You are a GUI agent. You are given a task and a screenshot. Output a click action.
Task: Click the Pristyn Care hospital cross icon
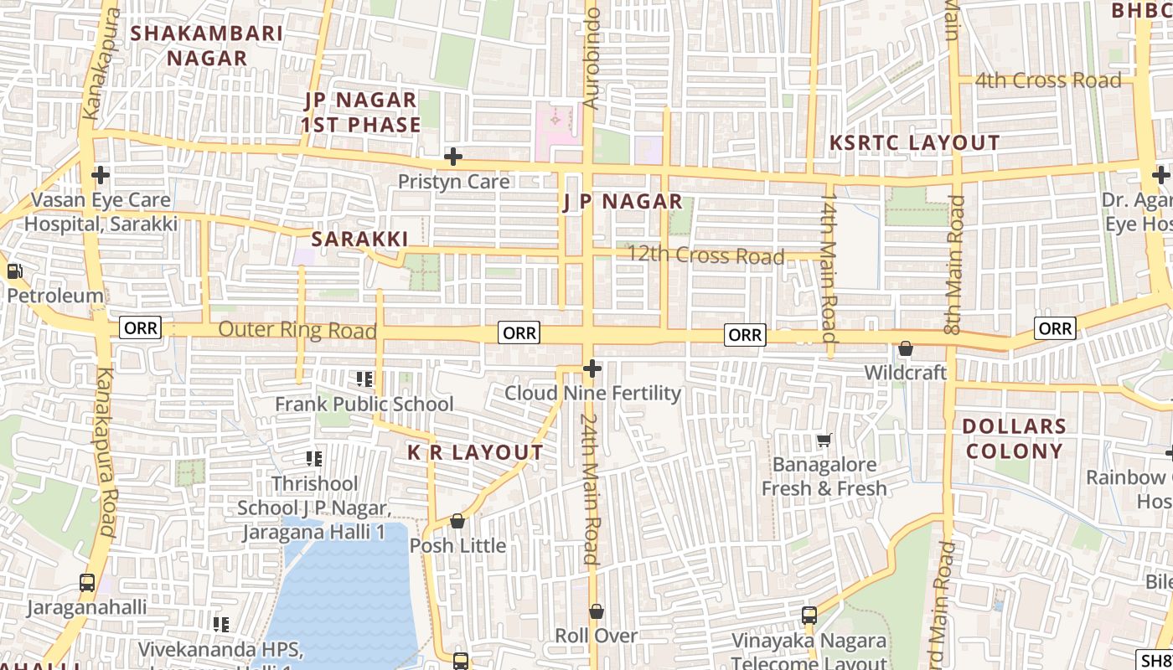[x=453, y=157]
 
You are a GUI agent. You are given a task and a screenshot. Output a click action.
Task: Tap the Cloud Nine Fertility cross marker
[x=592, y=368]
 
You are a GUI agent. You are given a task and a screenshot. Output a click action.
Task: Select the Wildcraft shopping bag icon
[x=905, y=348]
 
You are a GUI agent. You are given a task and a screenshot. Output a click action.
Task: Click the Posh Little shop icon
[x=457, y=521]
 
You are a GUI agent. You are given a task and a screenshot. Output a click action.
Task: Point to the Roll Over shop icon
[x=596, y=611]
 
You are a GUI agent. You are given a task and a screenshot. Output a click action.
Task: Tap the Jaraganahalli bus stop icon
[x=86, y=583]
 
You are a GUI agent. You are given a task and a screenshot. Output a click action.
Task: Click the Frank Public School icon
[x=364, y=379]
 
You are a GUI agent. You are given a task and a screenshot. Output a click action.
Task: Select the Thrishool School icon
[x=314, y=458]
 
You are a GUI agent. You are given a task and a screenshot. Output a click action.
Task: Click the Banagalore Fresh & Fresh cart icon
[x=824, y=440]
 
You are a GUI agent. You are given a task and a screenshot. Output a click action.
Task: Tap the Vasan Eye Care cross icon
[x=101, y=175]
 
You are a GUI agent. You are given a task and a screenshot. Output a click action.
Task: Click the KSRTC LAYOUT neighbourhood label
[x=914, y=143]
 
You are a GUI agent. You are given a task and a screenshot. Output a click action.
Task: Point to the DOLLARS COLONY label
[x=1013, y=439]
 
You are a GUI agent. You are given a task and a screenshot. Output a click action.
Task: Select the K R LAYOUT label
[x=475, y=453]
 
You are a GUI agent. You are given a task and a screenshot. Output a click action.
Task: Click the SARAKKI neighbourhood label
[x=359, y=240]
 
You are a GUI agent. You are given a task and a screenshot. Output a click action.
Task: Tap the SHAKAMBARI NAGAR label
[x=207, y=46]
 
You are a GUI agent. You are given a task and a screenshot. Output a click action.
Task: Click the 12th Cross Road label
[x=705, y=255]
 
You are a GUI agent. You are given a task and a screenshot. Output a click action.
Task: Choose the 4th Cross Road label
[x=1047, y=80]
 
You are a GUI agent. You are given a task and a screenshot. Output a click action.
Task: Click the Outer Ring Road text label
[x=297, y=330]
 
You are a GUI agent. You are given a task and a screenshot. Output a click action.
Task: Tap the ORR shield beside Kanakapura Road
[x=140, y=327]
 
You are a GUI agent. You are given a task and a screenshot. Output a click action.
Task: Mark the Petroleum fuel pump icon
[x=14, y=271]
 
